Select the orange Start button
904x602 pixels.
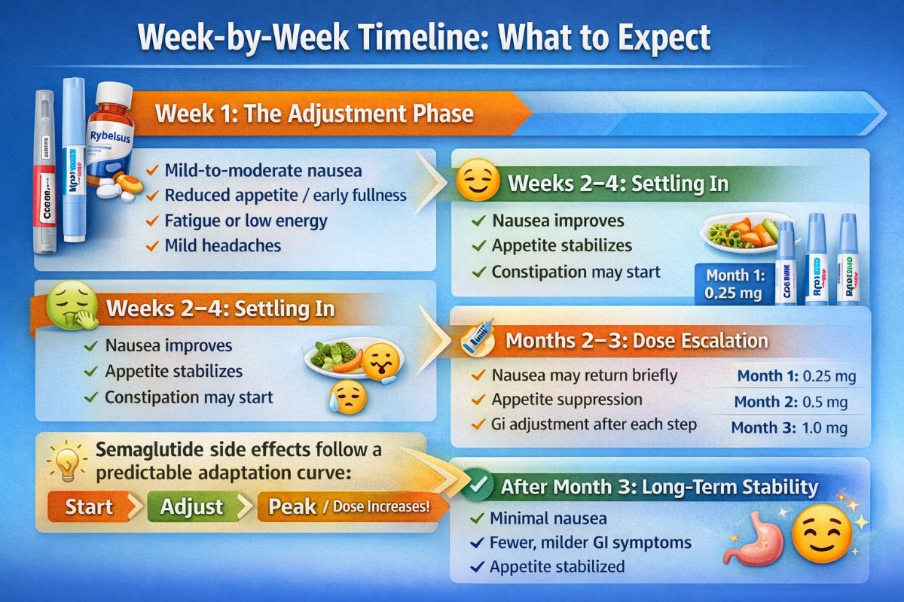pyautogui.click(x=89, y=506)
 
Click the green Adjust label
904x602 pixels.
pyautogui.click(x=191, y=506)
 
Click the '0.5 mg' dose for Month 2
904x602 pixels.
pyautogui.click(x=826, y=402)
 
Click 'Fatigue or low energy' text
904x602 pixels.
pyautogui.click(x=246, y=220)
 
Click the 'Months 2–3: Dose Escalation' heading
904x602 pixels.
pyautogui.click(x=637, y=341)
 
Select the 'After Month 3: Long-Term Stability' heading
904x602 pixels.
pyautogui.click(x=659, y=487)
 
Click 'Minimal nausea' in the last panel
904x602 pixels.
pyautogui.click(x=548, y=518)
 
